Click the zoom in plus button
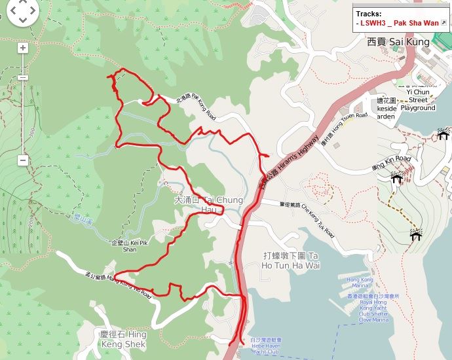pyautogui.click(x=22, y=48)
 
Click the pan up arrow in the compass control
pyautogui.click(x=22, y=4)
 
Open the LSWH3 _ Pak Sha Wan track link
pyautogui.click(x=400, y=23)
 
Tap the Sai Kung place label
pyautogui.click(x=398, y=42)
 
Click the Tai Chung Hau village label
pyautogui.click(x=209, y=204)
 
